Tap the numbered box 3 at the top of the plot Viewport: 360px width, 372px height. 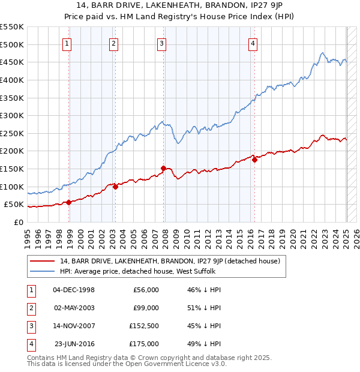[162, 43]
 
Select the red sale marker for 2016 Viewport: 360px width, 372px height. [254, 160]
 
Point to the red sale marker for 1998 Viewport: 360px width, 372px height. [69, 202]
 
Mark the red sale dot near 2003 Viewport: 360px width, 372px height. [116, 187]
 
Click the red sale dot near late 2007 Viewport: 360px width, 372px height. [164, 168]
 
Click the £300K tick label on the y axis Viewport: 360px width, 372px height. [12, 115]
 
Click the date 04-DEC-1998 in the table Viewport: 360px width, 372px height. [74, 290]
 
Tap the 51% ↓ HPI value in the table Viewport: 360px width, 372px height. [202, 308]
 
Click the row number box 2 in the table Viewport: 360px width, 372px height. [31, 308]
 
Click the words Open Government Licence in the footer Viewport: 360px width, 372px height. [176, 364]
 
